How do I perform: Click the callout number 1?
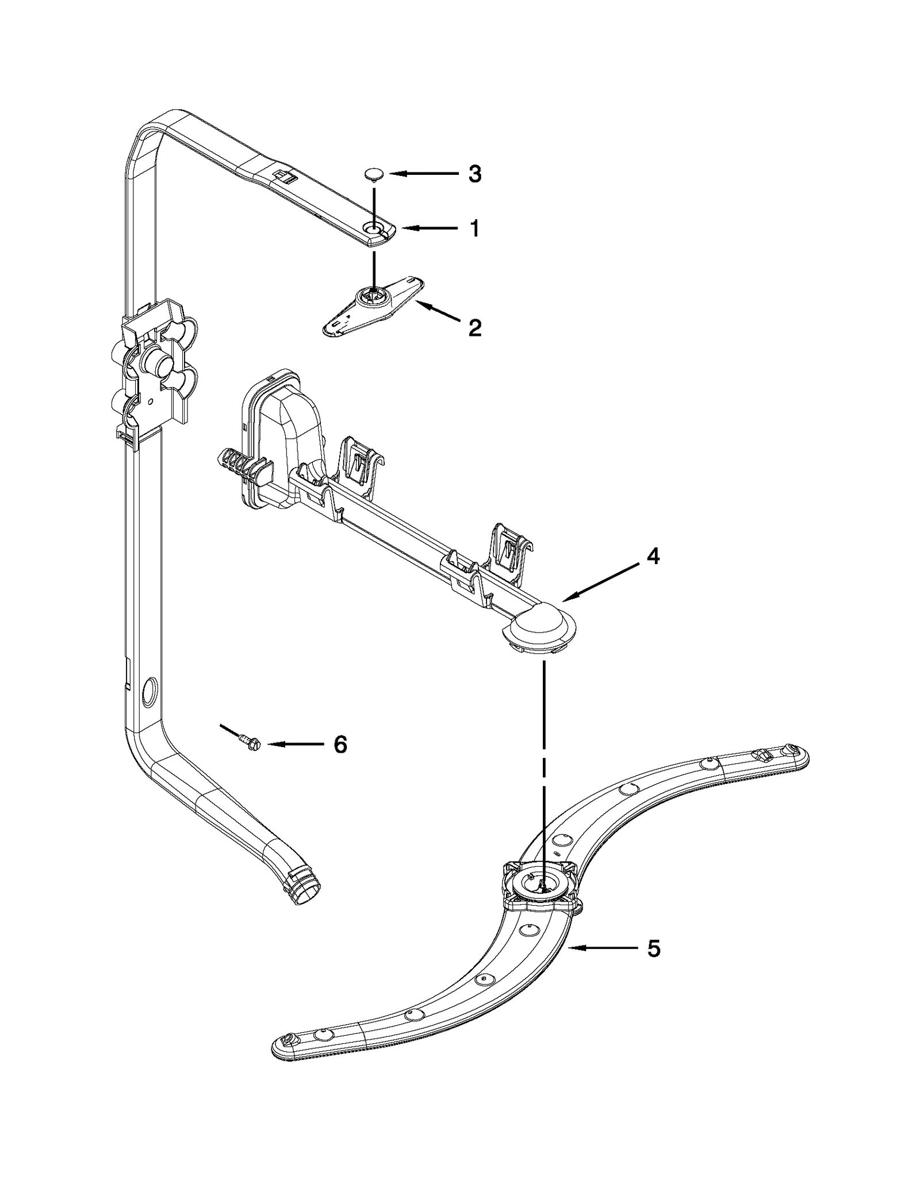(x=474, y=229)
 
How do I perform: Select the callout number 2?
(x=474, y=328)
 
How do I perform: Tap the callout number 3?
(x=474, y=174)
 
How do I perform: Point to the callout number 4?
(x=653, y=556)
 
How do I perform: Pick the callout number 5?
(x=654, y=948)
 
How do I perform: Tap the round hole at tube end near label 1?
(x=374, y=229)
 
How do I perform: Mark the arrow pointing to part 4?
(x=601, y=582)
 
